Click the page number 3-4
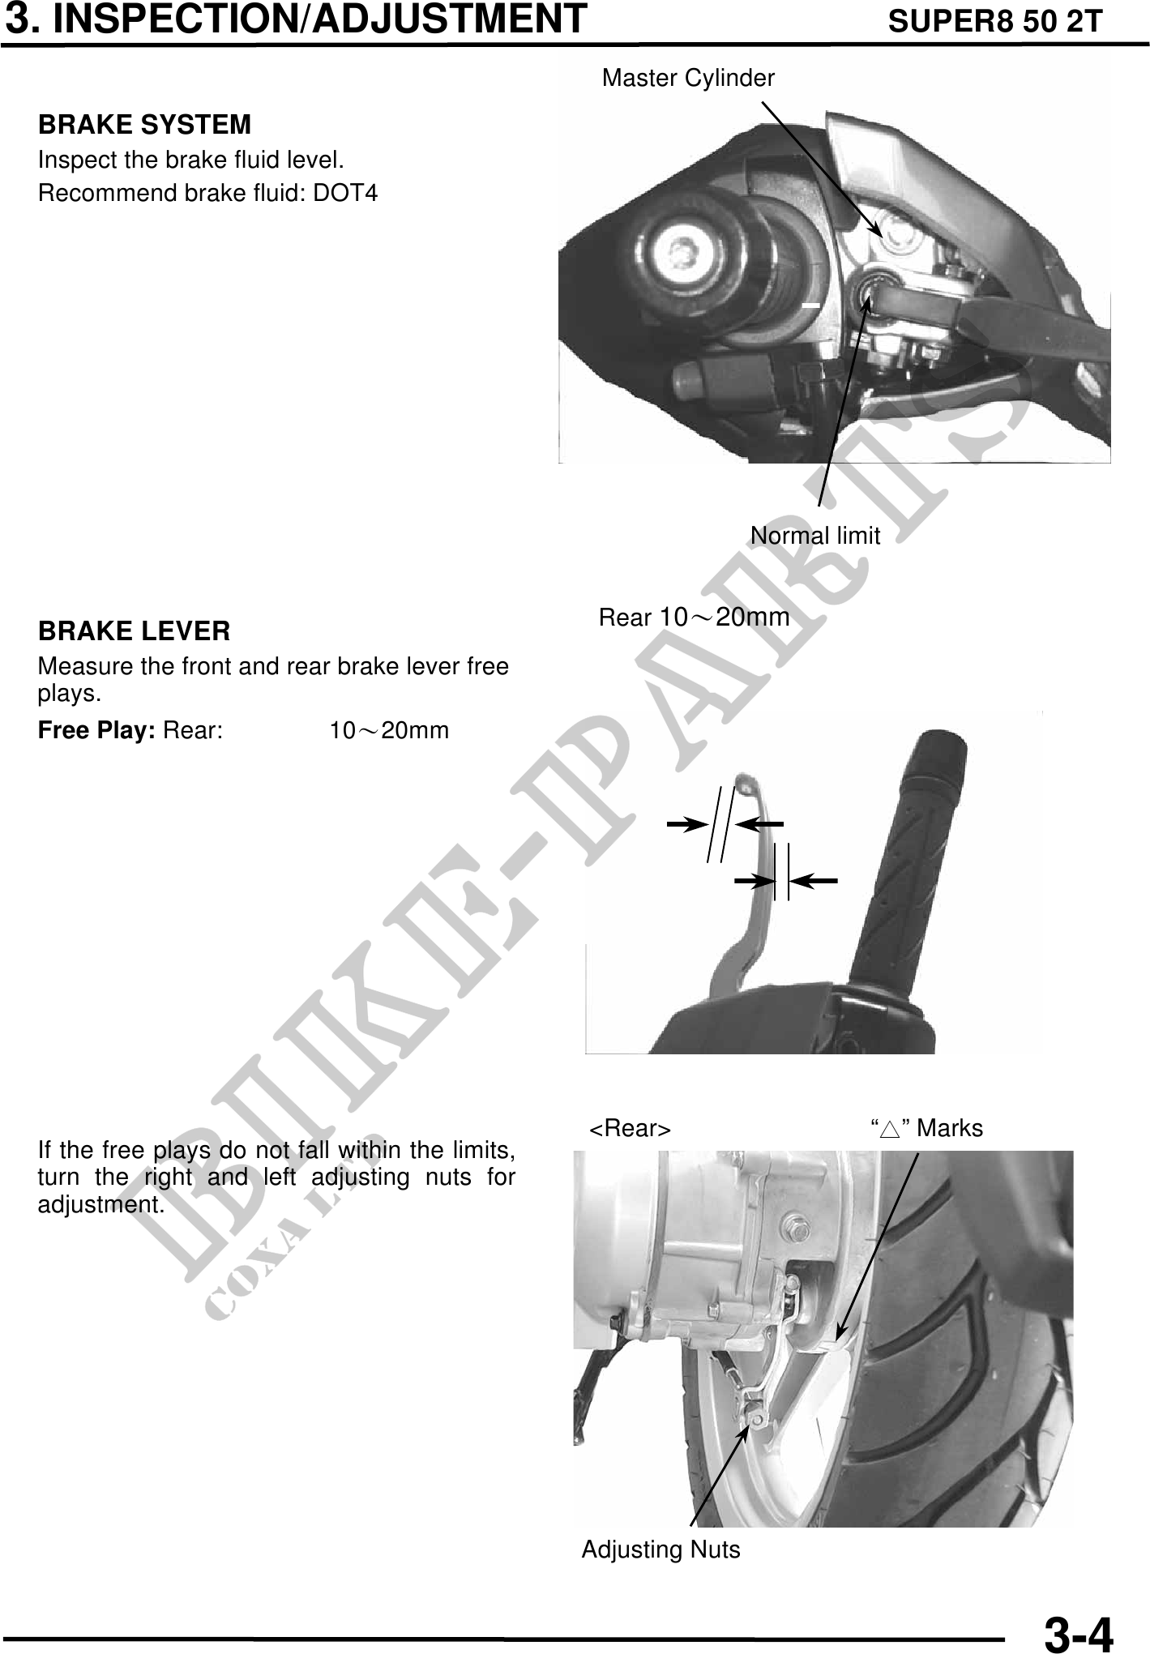coord(1078,1632)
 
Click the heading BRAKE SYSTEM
coord(145,125)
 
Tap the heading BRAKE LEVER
coord(135,631)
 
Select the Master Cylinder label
coord(688,79)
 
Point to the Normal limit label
coord(815,536)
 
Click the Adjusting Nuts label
coord(661,1549)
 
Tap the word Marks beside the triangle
coord(950,1128)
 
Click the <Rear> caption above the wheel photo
coord(630,1129)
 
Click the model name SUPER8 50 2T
coord(995,21)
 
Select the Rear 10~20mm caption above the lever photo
coord(694,618)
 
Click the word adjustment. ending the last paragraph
coord(101,1205)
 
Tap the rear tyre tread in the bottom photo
coord(981,1337)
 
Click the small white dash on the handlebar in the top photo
coord(810,306)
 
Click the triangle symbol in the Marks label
coord(891,1129)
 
